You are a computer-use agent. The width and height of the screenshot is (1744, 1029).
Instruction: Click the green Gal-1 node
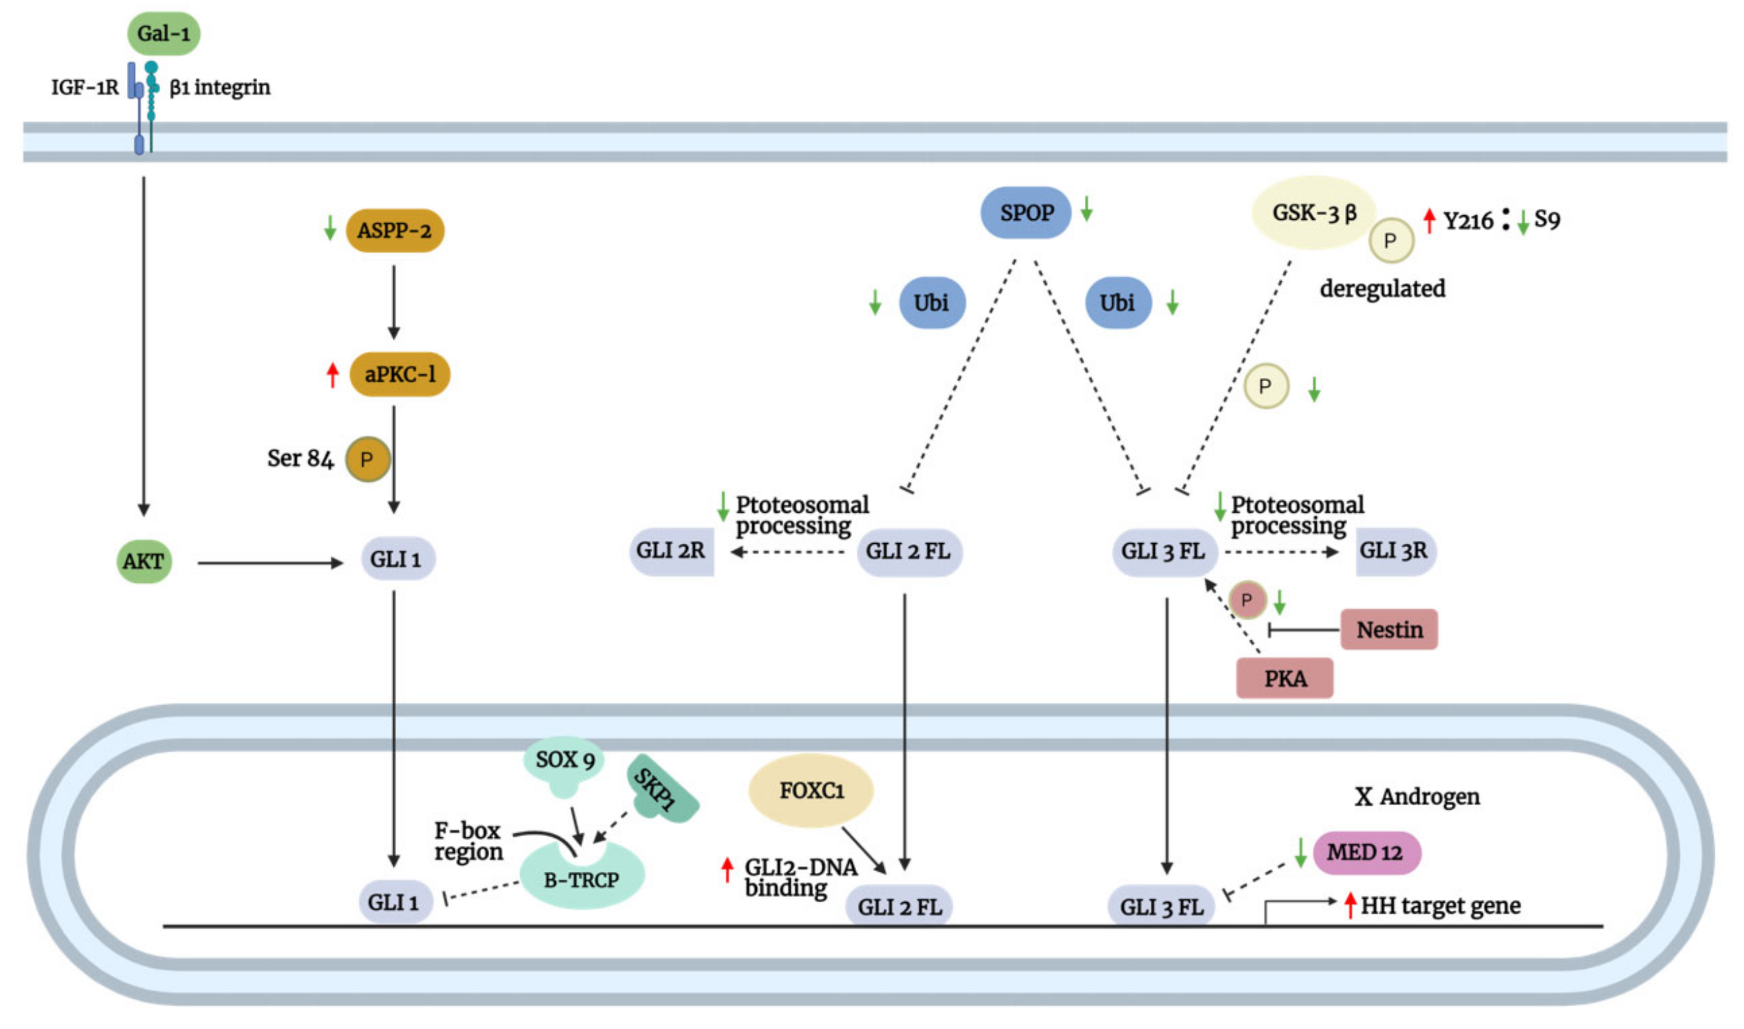(164, 33)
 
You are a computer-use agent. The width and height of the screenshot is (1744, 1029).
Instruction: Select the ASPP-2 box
(395, 231)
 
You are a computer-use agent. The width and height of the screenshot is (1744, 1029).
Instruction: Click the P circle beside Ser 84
(368, 460)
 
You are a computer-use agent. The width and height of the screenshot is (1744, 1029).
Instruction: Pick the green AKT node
(144, 562)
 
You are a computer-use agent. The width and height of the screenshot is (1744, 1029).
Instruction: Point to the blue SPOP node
(1026, 213)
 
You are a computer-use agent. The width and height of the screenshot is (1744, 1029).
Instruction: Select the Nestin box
(1389, 630)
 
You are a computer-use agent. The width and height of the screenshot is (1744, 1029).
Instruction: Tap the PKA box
(1285, 679)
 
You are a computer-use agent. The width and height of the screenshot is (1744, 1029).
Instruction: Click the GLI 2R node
(671, 552)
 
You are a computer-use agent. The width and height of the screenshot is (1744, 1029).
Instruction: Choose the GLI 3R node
(1394, 552)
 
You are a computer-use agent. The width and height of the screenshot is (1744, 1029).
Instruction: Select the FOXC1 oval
(811, 791)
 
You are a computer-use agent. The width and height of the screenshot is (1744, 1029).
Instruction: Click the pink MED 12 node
(1365, 853)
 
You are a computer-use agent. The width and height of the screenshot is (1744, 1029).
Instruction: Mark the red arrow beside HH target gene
(1350, 906)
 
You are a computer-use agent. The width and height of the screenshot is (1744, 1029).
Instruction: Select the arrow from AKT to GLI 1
(271, 564)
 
